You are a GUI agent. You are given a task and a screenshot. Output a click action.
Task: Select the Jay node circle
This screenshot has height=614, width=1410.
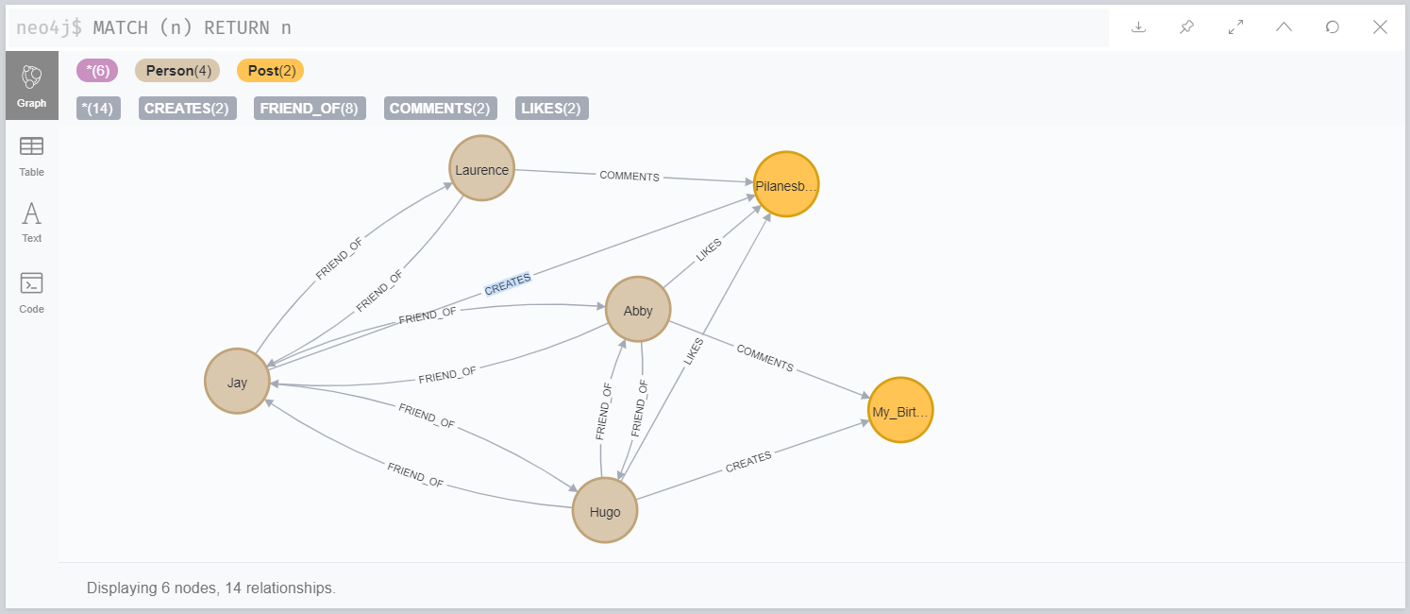click(237, 382)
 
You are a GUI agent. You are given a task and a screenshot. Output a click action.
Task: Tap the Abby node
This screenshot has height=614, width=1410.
click(638, 310)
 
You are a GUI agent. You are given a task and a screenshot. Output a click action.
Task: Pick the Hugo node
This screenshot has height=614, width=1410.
click(605, 511)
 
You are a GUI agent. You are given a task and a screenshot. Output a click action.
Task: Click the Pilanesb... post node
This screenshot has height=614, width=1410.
click(785, 185)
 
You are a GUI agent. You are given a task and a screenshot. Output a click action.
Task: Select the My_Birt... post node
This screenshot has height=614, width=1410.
click(900, 411)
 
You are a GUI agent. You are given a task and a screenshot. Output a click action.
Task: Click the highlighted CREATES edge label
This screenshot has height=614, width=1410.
click(508, 284)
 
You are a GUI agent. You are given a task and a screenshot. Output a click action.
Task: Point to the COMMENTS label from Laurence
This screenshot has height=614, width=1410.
click(629, 177)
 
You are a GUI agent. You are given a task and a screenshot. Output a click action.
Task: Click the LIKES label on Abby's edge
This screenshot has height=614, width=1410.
click(708, 250)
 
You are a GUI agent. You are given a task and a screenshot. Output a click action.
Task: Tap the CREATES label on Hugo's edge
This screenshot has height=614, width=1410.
click(748, 462)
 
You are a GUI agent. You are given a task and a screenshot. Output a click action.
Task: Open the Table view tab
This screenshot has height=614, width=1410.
click(32, 156)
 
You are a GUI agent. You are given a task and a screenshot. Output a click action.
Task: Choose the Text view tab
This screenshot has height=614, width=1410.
click(32, 222)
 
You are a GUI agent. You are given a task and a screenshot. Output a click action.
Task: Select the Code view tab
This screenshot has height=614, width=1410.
click(32, 292)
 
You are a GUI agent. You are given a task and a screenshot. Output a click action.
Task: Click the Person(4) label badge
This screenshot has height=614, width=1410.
click(177, 71)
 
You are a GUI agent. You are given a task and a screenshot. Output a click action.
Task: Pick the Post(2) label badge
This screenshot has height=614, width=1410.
click(270, 71)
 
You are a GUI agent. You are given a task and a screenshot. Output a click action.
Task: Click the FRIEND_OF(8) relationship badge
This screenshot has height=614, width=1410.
click(310, 109)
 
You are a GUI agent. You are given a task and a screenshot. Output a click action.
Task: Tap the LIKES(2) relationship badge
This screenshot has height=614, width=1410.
click(552, 109)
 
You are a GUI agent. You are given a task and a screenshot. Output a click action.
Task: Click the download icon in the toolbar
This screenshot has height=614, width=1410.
click(1138, 27)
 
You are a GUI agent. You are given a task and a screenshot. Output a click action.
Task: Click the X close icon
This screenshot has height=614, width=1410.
click(1380, 27)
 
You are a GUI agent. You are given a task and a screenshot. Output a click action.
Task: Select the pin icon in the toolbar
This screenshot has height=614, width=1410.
click(1186, 27)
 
